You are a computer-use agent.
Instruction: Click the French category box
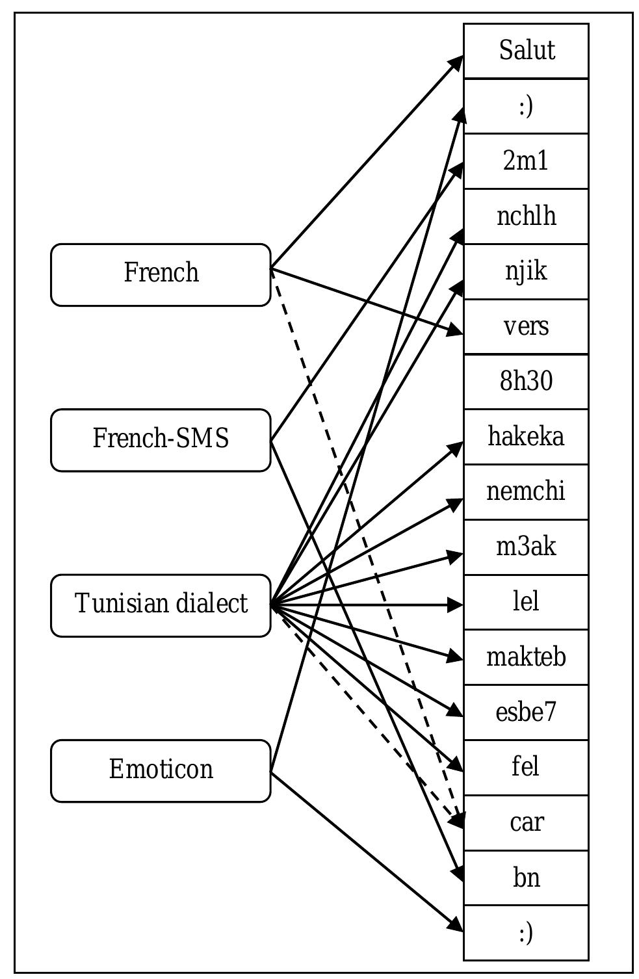point(161,274)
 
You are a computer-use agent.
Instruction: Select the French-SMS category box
point(161,440)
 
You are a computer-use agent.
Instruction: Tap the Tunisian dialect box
point(161,605)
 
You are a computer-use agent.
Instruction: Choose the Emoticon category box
point(161,770)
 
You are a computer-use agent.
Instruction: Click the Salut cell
point(526,51)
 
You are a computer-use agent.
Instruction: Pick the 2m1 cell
point(526,161)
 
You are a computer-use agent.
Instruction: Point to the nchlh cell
point(526,216)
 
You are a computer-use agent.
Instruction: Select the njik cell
point(526,272)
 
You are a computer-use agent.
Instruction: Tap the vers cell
point(526,327)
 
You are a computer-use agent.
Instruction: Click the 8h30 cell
point(526,382)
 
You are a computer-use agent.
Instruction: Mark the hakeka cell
point(526,437)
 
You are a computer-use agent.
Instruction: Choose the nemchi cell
point(526,492)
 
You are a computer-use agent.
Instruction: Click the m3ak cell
point(526,547)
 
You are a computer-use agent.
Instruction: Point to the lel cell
point(526,602)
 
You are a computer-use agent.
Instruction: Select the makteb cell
point(526,657)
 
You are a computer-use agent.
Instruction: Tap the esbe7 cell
point(526,712)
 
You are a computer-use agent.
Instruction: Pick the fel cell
point(526,767)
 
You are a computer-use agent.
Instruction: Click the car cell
point(526,822)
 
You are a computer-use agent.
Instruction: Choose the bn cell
point(526,878)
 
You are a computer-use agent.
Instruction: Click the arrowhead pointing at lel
point(456,605)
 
